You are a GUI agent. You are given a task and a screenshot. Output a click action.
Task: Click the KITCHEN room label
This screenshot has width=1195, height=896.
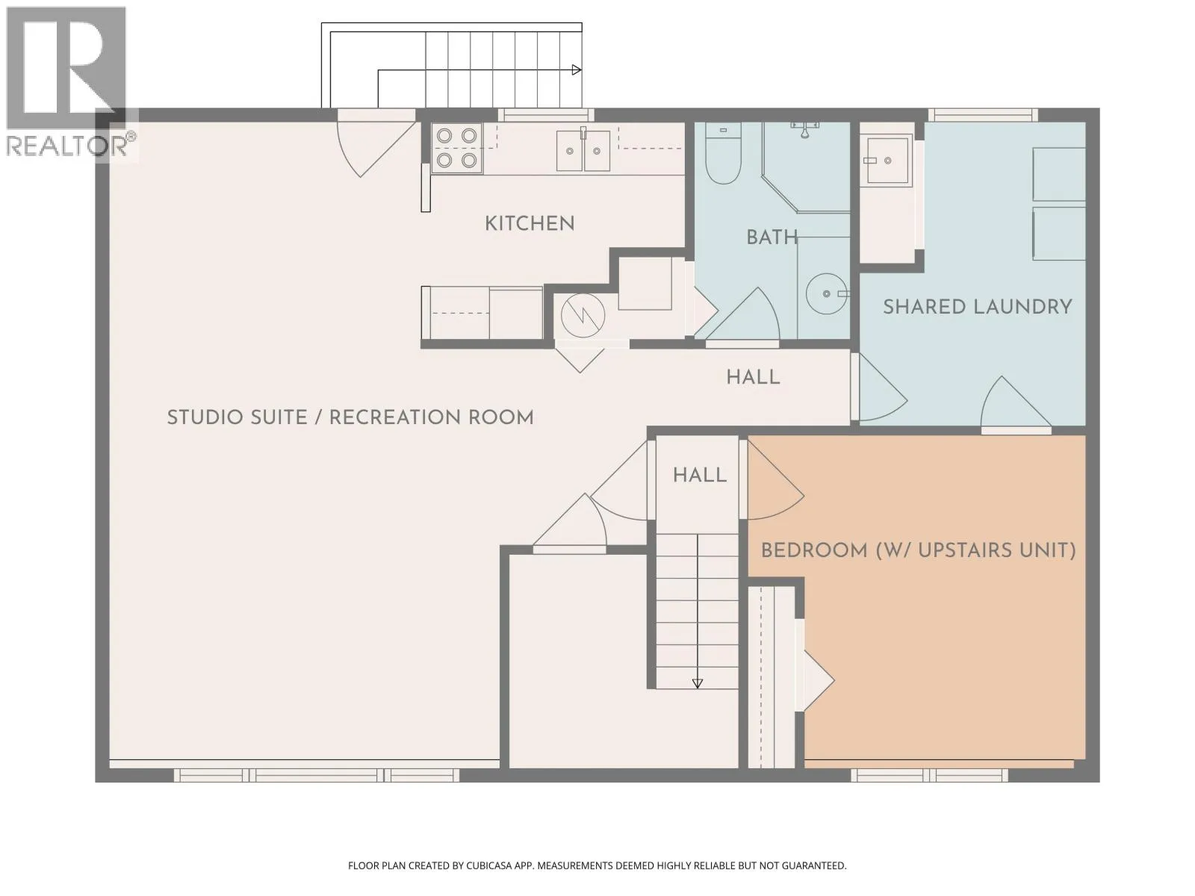(x=530, y=223)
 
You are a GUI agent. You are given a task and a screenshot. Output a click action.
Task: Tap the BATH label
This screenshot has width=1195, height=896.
(x=772, y=237)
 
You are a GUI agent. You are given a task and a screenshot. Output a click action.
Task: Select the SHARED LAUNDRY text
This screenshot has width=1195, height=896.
(x=977, y=307)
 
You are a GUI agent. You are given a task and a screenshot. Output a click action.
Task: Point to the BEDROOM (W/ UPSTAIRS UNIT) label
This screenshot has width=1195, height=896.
(x=918, y=550)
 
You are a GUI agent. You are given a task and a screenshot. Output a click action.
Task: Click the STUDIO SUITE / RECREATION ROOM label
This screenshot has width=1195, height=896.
(x=350, y=418)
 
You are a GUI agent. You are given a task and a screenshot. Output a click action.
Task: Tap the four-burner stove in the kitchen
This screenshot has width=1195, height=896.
(x=457, y=148)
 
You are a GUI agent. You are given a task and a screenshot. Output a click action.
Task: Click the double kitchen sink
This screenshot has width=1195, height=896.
(x=583, y=151)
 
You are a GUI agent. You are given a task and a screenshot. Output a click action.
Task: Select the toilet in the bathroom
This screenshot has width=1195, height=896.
(x=723, y=153)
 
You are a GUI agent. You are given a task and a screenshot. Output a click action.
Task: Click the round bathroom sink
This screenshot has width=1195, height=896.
(x=826, y=293)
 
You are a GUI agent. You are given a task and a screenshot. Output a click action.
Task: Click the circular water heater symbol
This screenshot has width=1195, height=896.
(x=583, y=316)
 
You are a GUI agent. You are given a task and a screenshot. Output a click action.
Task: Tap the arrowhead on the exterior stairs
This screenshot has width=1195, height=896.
(x=577, y=69)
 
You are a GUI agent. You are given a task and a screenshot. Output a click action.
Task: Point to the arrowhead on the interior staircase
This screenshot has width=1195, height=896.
(x=698, y=684)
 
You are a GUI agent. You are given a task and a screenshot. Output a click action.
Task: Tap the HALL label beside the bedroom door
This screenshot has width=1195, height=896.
(x=700, y=476)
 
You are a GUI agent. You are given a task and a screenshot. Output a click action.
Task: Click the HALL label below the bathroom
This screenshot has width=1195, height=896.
(x=753, y=378)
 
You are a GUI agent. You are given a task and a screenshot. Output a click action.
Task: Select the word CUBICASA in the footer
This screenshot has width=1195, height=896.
(x=489, y=865)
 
